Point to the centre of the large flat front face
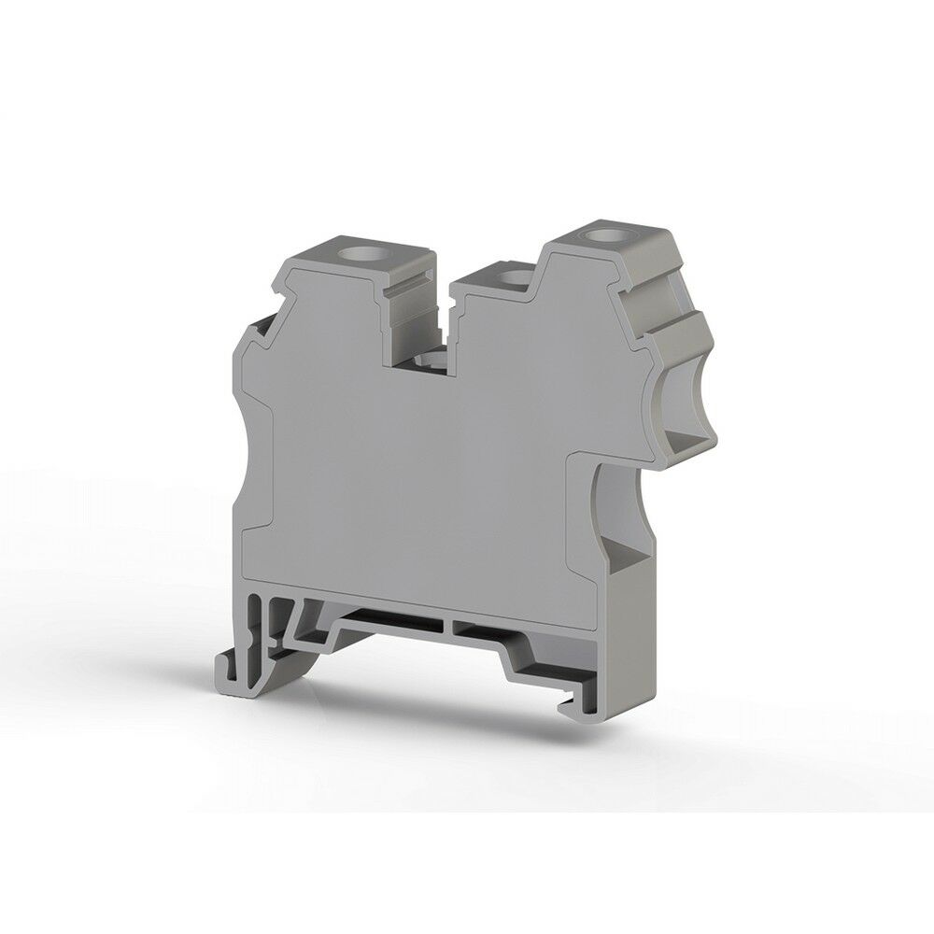[x=420, y=467]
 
